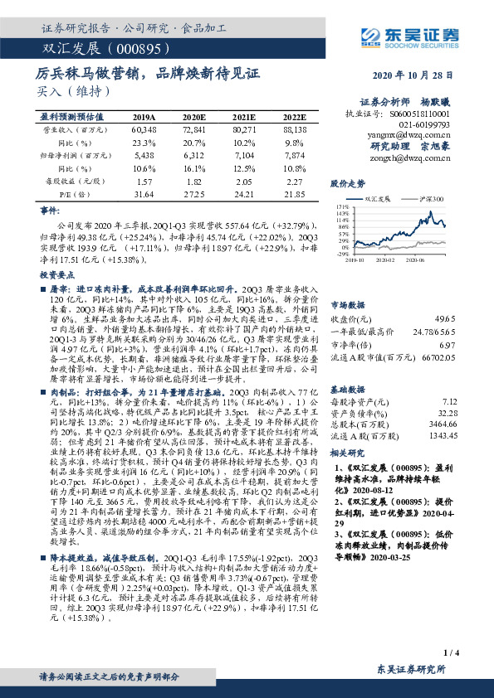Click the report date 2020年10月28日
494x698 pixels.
point(422,75)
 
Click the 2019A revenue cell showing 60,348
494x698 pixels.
point(144,131)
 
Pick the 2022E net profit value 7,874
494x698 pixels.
point(296,154)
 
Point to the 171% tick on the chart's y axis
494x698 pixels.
point(341,205)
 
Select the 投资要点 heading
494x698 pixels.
point(55,273)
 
